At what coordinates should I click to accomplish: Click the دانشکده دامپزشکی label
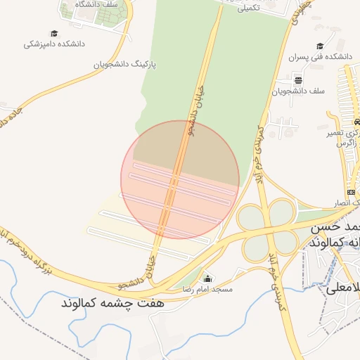coord(53,44)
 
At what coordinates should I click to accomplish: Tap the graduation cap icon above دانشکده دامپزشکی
coord(54,33)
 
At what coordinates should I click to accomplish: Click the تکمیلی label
coord(250,8)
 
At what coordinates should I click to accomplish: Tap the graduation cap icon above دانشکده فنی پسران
coord(320,46)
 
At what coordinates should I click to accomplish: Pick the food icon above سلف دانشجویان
coord(298,79)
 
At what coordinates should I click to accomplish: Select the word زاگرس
coord(347,143)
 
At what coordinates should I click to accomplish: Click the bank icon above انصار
coord(351,192)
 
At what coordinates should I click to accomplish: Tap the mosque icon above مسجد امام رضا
coord(207,278)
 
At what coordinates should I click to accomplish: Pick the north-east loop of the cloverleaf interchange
coord(281,212)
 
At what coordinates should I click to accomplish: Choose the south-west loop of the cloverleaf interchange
coord(251,244)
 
